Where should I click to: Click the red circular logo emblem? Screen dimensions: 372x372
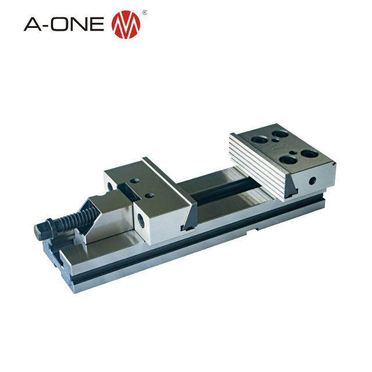126,24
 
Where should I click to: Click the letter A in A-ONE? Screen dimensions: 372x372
33,24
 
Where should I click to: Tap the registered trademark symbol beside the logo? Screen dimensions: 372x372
145,12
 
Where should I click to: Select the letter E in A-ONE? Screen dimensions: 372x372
97,24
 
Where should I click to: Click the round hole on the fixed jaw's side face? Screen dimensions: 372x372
313,181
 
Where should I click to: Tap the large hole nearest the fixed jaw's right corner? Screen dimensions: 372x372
309,153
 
